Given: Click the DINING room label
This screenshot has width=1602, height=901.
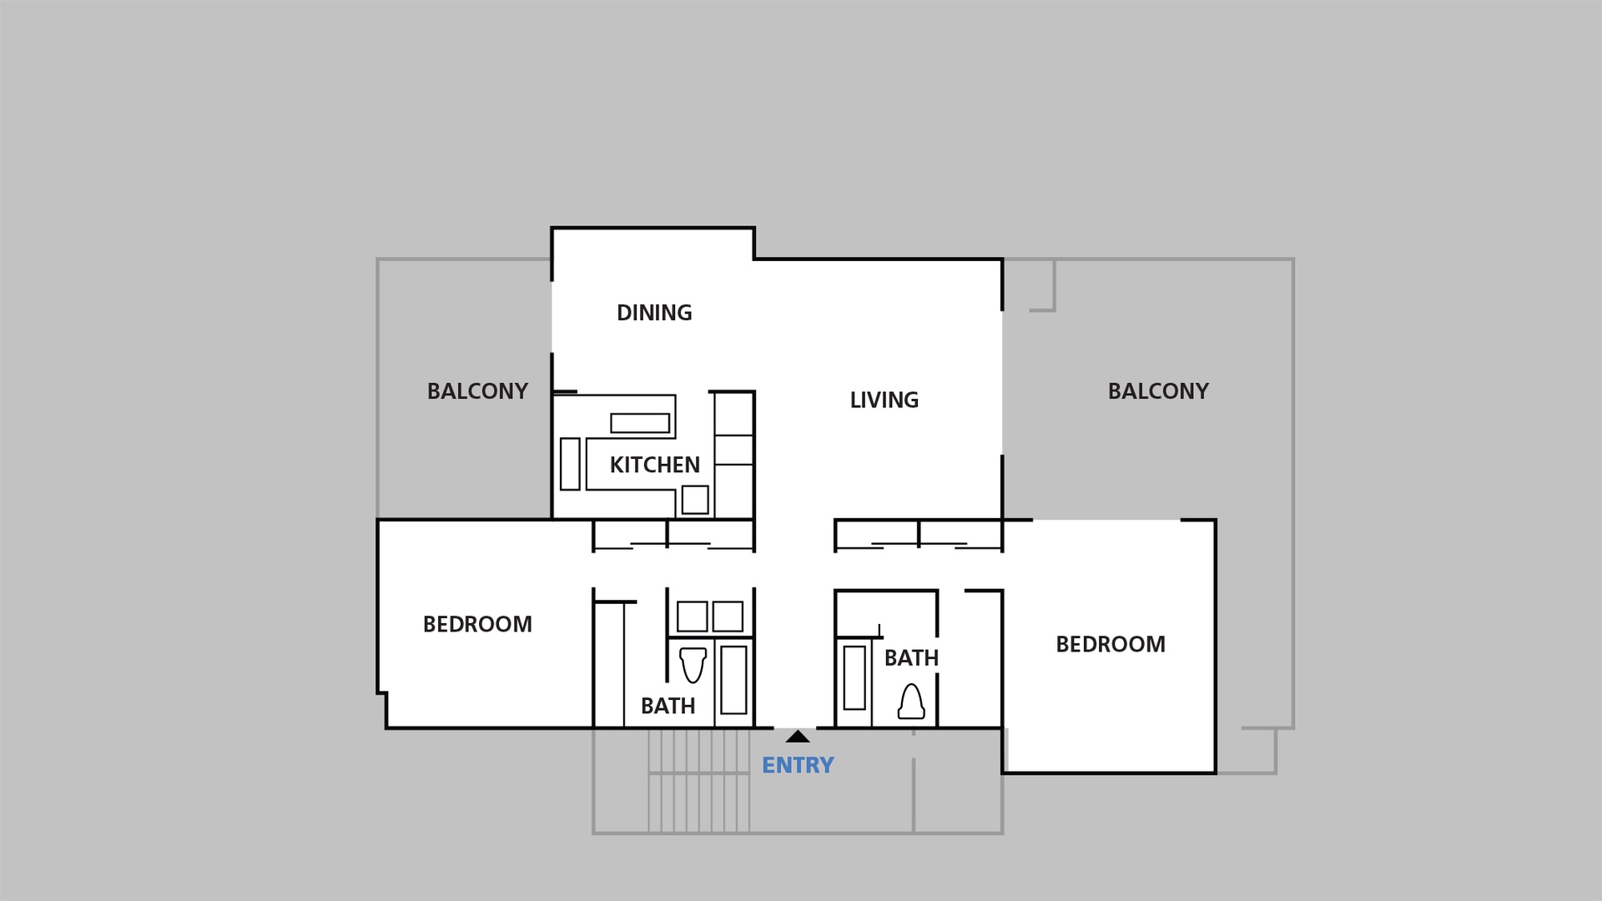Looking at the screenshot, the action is [654, 313].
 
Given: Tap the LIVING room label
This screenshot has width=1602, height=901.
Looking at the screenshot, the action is [884, 400].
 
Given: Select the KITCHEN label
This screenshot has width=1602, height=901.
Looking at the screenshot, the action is [654, 465].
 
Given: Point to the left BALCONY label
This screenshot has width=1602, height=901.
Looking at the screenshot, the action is [477, 391].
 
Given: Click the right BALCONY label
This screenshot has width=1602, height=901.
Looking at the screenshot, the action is [1158, 391].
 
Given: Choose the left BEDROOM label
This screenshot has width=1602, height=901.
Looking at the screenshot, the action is [477, 624].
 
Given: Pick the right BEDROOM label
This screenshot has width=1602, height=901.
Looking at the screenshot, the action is [1111, 644].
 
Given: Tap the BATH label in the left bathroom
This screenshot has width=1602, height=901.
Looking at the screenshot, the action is [667, 706].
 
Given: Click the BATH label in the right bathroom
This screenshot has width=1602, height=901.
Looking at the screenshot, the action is [911, 658].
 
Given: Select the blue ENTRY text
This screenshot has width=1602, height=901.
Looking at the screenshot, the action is [798, 765].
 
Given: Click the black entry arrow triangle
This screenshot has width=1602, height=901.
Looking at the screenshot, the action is [798, 737].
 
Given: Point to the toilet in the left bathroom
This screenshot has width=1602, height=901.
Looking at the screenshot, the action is [693, 665].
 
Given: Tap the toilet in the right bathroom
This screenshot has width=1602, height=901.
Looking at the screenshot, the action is [911, 702].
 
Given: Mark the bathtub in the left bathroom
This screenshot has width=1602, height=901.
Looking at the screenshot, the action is [733, 679].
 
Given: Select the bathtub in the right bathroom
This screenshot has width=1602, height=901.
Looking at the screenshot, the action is [854, 677].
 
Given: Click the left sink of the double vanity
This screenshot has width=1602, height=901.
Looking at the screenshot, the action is [692, 617].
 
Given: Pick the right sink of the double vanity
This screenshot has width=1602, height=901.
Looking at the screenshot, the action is [728, 617].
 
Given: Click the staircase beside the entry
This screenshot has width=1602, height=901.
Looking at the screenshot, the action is [699, 781].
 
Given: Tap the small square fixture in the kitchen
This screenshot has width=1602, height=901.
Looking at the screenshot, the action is [695, 500].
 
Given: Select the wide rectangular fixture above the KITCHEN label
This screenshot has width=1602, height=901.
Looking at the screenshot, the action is [640, 423].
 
